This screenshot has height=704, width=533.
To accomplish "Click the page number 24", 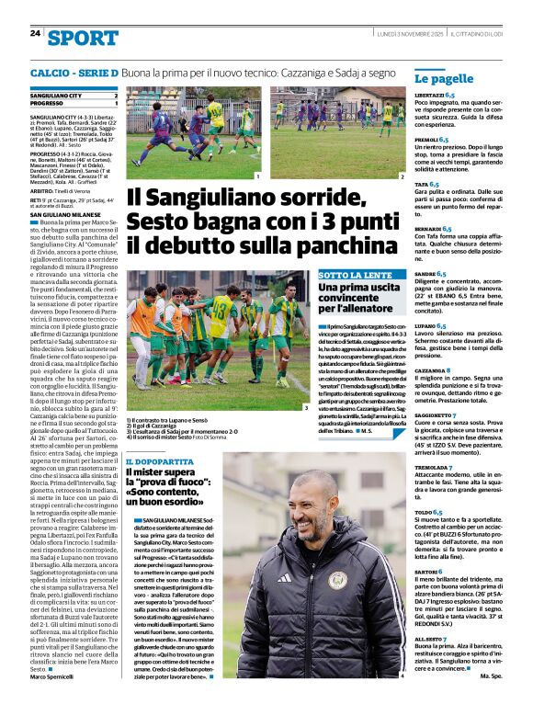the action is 35,33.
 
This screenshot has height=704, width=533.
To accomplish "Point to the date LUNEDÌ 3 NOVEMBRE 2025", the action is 405,33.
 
